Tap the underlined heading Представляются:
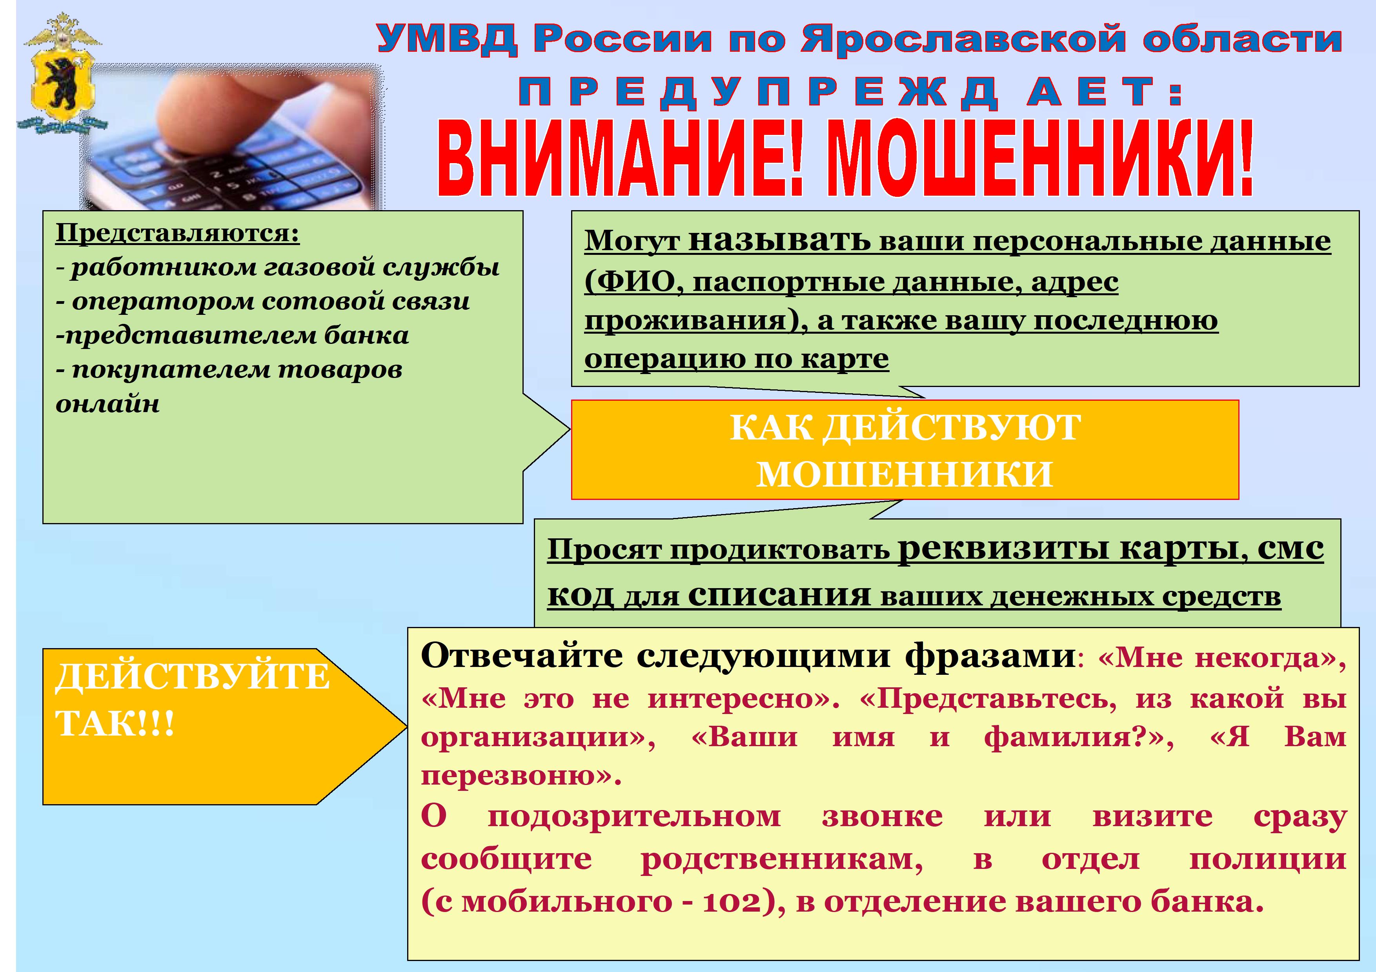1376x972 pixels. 177,234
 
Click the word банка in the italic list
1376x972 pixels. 366,335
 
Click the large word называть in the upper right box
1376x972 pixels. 779,241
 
